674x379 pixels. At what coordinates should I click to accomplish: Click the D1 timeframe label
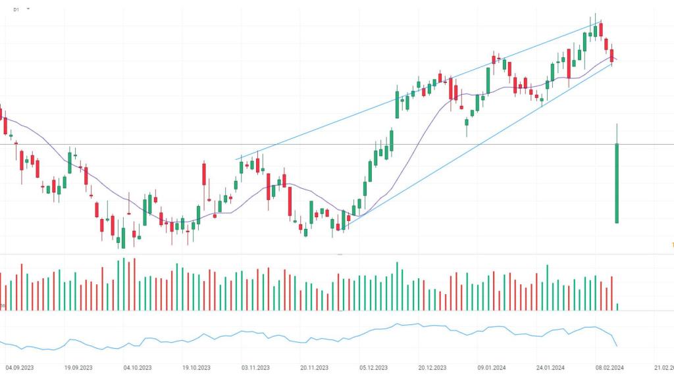tap(16, 10)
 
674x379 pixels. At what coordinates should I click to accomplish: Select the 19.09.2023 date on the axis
tap(78, 368)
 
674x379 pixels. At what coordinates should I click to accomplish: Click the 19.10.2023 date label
tap(195, 368)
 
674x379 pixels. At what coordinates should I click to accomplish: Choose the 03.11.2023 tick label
tap(255, 368)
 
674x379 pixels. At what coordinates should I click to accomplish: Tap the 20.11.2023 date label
tap(314, 368)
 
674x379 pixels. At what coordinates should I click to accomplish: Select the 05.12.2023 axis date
tap(373, 368)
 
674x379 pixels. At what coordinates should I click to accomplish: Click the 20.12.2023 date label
tap(432, 368)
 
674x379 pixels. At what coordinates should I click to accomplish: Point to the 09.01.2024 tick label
tap(492, 368)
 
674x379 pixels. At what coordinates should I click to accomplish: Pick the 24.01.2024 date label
tap(550, 368)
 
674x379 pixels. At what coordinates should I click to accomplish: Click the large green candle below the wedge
tap(617, 184)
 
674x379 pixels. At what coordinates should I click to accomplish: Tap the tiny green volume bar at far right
tap(617, 307)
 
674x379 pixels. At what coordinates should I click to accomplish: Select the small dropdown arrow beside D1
tap(28, 9)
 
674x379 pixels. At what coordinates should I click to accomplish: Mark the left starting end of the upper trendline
tap(237, 159)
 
